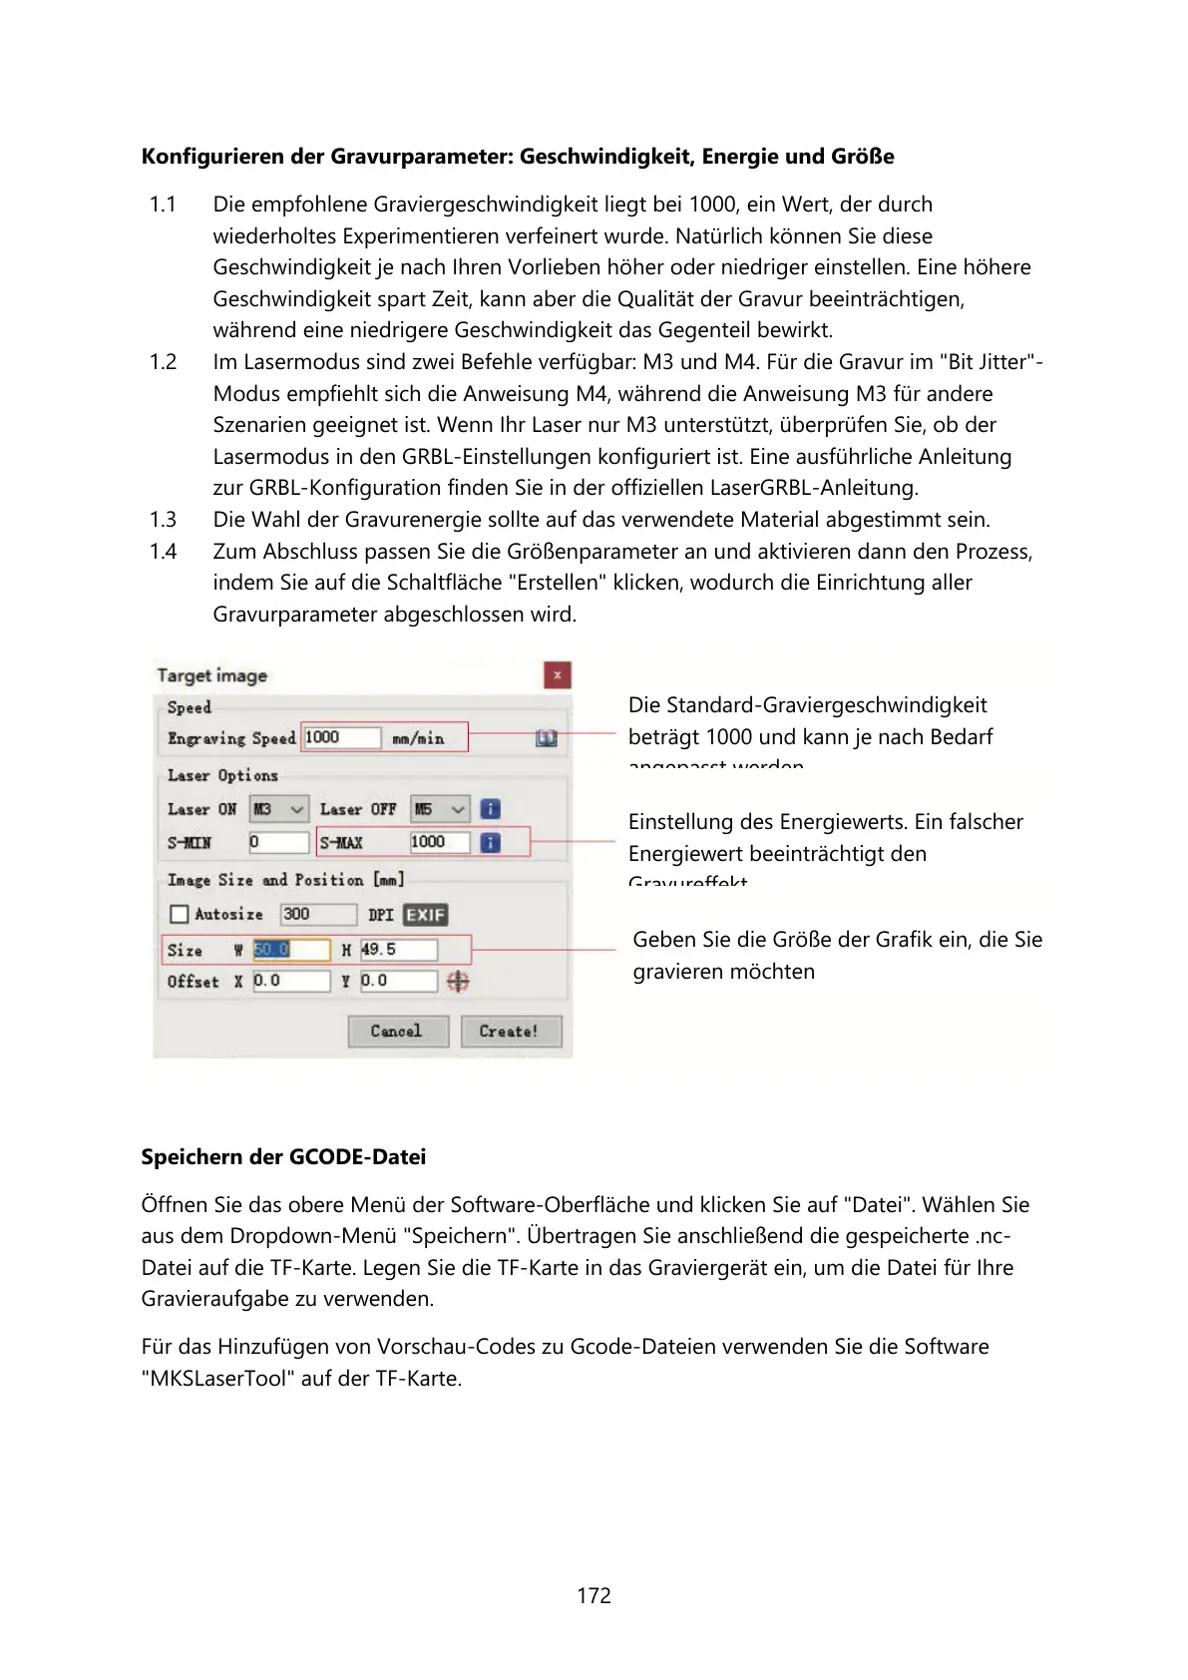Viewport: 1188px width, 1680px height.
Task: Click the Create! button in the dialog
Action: [x=511, y=1031]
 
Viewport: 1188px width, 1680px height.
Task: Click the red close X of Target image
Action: [x=557, y=675]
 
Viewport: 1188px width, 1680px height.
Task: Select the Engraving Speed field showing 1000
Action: [x=341, y=737]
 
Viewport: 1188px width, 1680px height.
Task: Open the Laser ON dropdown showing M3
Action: [x=279, y=809]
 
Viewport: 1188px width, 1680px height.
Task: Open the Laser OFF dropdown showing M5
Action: [x=440, y=809]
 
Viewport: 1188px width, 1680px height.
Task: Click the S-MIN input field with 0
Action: [x=278, y=842]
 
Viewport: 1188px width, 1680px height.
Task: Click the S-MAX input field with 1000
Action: [x=439, y=842]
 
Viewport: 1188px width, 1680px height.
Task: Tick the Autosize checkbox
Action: [x=180, y=914]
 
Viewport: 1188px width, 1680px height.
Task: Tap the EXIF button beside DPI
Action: [x=425, y=915]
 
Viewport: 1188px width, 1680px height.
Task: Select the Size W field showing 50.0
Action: [x=290, y=950]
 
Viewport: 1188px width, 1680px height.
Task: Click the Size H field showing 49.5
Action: [x=398, y=950]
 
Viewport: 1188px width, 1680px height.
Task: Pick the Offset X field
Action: [x=290, y=981]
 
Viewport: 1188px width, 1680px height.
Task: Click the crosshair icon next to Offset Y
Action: [x=458, y=982]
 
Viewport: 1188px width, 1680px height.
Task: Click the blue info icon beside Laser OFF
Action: [x=490, y=809]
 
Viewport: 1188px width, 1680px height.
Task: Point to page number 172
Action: [x=594, y=1595]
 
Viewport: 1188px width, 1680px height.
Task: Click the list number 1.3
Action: [x=163, y=520]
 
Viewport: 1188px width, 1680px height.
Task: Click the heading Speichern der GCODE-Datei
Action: [x=283, y=1157]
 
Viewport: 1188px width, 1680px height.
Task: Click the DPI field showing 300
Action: [x=317, y=914]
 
